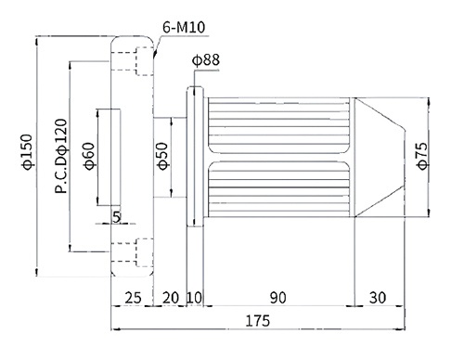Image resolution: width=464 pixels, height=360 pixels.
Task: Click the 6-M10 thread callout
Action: tap(184, 27)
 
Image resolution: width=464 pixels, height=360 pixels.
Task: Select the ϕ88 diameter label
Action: tap(206, 59)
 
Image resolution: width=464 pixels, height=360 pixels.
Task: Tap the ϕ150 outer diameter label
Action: tap(27, 152)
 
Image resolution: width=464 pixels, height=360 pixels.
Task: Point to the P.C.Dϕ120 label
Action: tap(61, 156)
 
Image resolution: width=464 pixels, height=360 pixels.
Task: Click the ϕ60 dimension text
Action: tap(89, 156)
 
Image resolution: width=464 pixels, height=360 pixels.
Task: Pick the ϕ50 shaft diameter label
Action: tap(163, 156)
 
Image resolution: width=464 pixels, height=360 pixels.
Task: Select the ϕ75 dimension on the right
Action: tap(422, 156)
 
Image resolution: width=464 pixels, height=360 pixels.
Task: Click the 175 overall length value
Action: tap(257, 321)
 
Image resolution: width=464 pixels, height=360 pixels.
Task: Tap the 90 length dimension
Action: tap(278, 298)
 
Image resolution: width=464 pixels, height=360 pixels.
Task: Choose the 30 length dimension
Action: tap(378, 298)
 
